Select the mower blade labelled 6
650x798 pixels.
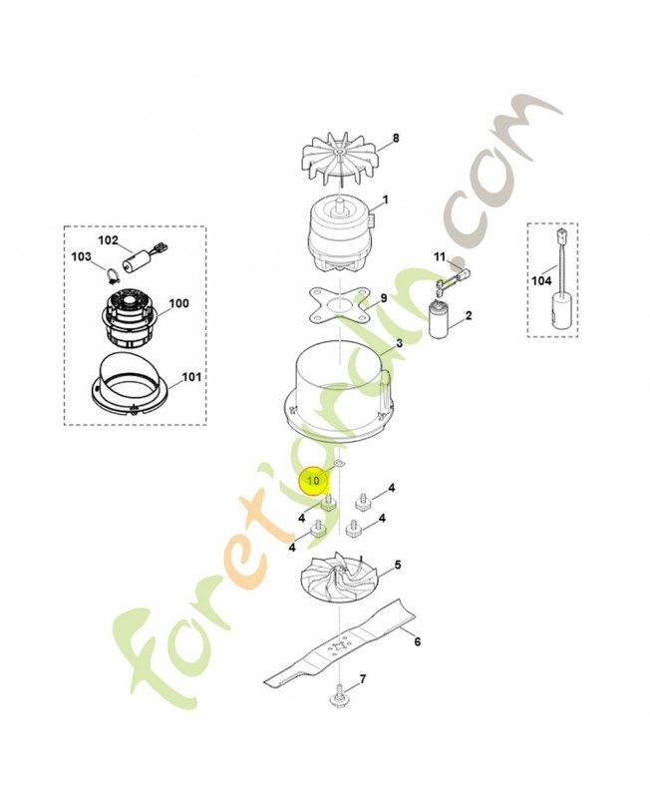(x=344, y=646)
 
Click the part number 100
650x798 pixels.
(x=178, y=303)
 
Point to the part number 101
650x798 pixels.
(x=190, y=378)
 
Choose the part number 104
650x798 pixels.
(x=541, y=281)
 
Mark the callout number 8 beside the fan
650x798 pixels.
(x=395, y=138)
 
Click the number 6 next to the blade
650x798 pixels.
(x=417, y=641)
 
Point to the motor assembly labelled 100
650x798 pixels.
(x=130, y=312)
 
